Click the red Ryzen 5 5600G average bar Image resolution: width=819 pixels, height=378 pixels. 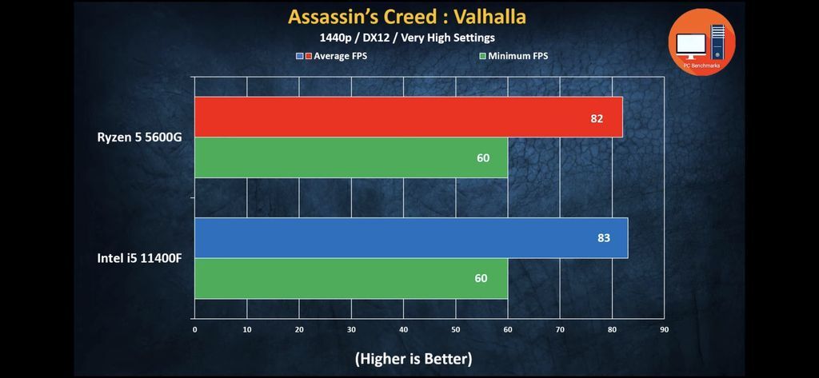408,117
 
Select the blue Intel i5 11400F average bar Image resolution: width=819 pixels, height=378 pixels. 410,238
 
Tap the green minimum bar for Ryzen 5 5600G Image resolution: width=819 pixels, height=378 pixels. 350,157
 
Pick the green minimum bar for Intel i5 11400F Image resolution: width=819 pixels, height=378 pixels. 350,279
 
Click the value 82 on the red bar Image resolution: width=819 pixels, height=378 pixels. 595,118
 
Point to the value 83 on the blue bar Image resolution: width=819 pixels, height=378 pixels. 603,238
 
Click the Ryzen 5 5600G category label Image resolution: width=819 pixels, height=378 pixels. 140,137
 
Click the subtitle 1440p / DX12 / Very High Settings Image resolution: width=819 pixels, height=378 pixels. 408,38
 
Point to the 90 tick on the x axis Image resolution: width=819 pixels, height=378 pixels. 663,328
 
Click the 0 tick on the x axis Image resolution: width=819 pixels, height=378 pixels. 194,328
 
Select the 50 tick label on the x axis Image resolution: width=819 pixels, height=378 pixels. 455,328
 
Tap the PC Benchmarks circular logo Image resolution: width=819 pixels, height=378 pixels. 701,41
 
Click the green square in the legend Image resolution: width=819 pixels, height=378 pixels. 482,56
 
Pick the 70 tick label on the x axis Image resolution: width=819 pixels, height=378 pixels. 560,328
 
